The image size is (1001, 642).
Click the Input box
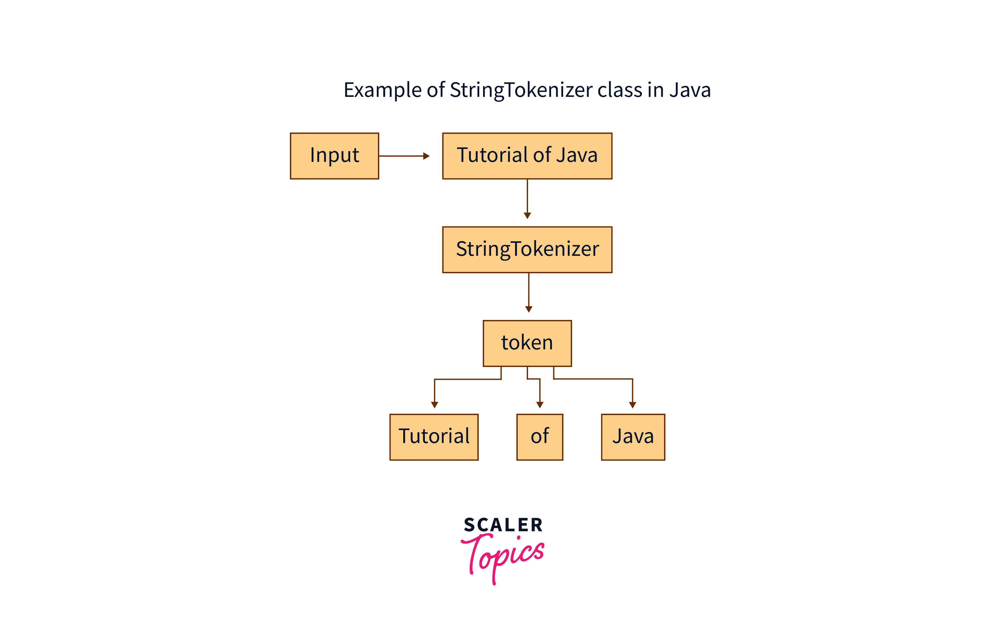[334, 156]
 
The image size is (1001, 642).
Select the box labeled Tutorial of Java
[527, 156]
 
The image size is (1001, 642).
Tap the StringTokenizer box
[527, 250]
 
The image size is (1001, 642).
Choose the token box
[527, 343]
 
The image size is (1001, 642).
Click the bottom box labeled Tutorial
[434, 437]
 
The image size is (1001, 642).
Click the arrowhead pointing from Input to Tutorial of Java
[426, 156]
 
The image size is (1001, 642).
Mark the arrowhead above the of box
[540, 404]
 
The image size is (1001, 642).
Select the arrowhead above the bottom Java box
[632, 404]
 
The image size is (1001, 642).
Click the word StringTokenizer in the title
[521, 90]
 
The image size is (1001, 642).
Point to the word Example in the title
[382, 90]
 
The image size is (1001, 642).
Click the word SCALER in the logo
[503, 525]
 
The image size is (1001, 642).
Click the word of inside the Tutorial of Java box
[542, 155]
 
